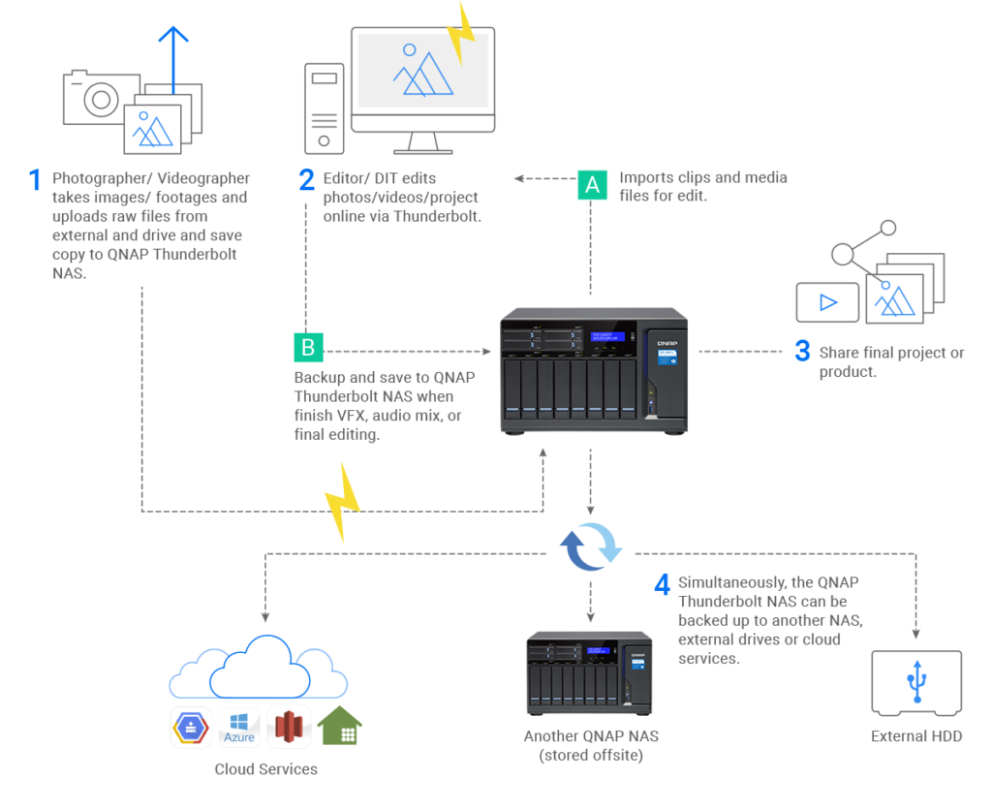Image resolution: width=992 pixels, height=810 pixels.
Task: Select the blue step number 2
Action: [x=306, y=179]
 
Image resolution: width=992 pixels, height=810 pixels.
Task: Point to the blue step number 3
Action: [x=802, y=351]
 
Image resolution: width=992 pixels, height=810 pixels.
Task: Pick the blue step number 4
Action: [x=662, y=584]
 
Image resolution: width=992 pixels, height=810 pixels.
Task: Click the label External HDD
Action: [x=915, y=737]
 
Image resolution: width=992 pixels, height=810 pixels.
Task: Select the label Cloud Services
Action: [x=265, y=769]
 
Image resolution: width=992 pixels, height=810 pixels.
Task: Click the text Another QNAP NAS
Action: [x=591, y=736]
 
